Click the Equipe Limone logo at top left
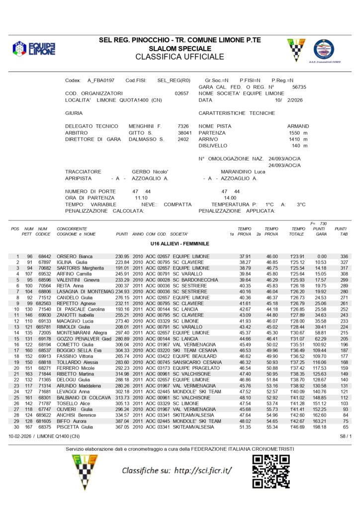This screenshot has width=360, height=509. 34,49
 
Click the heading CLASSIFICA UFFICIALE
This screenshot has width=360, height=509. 180,57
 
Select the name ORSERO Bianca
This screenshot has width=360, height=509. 75,256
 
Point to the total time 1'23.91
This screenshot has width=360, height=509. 297,256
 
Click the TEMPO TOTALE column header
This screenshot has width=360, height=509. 298,231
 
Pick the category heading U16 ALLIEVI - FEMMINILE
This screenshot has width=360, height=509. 180,244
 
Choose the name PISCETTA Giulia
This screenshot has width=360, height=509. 75,427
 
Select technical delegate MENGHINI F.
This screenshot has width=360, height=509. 145,126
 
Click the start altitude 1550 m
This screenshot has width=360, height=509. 298,133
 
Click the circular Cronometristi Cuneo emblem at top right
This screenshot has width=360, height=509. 324,50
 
